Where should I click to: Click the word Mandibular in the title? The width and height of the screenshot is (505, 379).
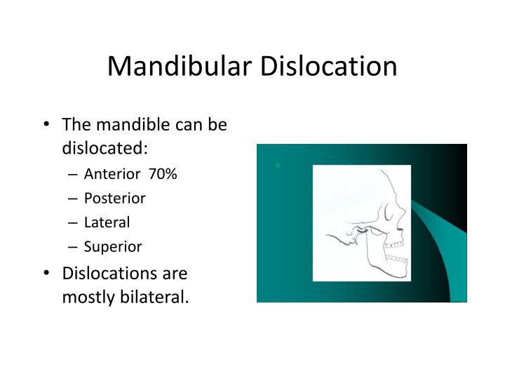tap(180, 66)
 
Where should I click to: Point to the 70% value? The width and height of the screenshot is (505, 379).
tap(162, 173)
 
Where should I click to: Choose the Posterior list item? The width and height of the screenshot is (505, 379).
tap(114, 198)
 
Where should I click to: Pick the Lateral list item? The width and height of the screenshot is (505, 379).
tap(107, 222)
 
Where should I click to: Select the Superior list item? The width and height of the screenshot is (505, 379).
tap(112, 246)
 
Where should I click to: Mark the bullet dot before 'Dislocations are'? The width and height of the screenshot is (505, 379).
tap(46, 272)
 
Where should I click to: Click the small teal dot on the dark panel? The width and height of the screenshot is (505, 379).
tap(278, 166)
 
